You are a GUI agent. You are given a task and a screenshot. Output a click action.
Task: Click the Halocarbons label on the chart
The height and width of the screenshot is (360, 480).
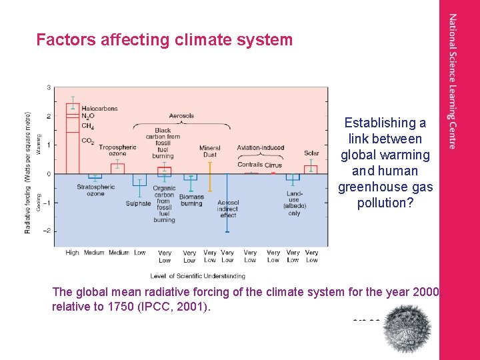pyautogui.click(x=99, y=109)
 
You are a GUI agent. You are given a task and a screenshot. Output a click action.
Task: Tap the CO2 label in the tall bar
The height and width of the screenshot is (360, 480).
pyautogui.click(x=87, y=141)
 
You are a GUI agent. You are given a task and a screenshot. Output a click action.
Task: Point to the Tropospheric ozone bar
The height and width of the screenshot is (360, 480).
pyautogui.click(x=117, y=168)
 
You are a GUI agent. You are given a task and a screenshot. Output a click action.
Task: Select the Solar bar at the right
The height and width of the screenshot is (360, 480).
pyautogui.click(x=311, y=169)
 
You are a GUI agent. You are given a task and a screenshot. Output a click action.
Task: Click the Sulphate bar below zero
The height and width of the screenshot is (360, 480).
pyautogui.click(x=139, y=180)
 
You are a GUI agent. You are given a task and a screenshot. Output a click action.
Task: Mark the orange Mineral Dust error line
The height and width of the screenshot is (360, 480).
pyautogui.click(x=210, y=175)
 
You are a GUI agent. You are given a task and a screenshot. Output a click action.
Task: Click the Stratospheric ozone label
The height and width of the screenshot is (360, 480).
pyautogui.click(x=96, y=190)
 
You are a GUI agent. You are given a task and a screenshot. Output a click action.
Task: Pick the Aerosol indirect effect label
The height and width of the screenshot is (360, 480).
pyautogui.click(x=228, y=209)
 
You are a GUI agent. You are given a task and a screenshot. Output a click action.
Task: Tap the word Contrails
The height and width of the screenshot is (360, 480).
pyautogui.click(x=250, y=165)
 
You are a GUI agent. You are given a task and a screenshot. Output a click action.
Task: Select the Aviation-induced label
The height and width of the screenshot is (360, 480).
pyautogui.click(x=261, y=148)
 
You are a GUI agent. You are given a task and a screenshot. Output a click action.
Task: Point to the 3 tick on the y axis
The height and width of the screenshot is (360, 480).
pyautogui.click(x=48, y=87)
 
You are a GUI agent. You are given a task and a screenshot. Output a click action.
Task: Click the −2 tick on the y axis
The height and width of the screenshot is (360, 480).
pyautogui.click(x=47, y=231)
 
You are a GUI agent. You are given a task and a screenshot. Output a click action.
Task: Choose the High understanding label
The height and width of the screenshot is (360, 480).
pyautogui.click(x=72, y=253)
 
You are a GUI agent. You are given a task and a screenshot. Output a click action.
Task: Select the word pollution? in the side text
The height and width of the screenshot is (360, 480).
pyautogui.click(x=385, y=203)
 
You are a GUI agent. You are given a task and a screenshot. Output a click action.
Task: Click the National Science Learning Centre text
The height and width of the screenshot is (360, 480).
pyautogui.click(x=453, y=81)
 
